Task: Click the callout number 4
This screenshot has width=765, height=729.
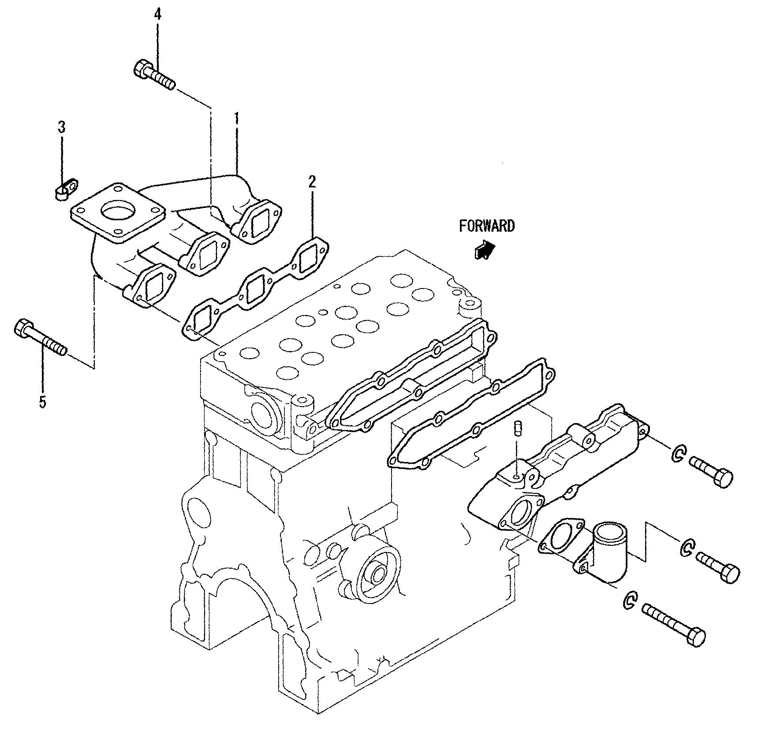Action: point(157,15)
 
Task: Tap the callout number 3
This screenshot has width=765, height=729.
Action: point(62,127)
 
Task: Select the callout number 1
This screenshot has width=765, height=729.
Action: point(236,118)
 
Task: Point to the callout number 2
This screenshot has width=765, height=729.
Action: point(312,181)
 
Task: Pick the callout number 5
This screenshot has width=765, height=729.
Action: point(42,401)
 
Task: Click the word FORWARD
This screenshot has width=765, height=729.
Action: point(486,226)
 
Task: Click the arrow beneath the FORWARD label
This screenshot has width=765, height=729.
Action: point(484,250)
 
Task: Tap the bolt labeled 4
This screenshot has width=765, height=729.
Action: point(153,75)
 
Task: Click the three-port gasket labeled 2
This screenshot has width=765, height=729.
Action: point(256,290)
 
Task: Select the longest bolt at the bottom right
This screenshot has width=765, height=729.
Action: point(674,622)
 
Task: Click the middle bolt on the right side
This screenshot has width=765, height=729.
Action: point(718,566)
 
